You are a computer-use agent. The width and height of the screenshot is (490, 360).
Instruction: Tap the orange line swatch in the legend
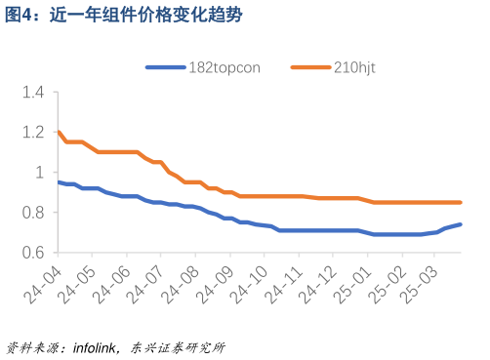(309, 67)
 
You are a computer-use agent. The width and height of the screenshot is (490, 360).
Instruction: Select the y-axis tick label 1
(40, 173)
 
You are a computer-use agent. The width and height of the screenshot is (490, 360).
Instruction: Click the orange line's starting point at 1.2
(60, 133)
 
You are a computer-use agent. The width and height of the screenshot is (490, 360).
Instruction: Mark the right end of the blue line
(460, 224)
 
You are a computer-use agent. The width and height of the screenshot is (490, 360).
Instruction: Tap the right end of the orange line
(460, 203)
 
